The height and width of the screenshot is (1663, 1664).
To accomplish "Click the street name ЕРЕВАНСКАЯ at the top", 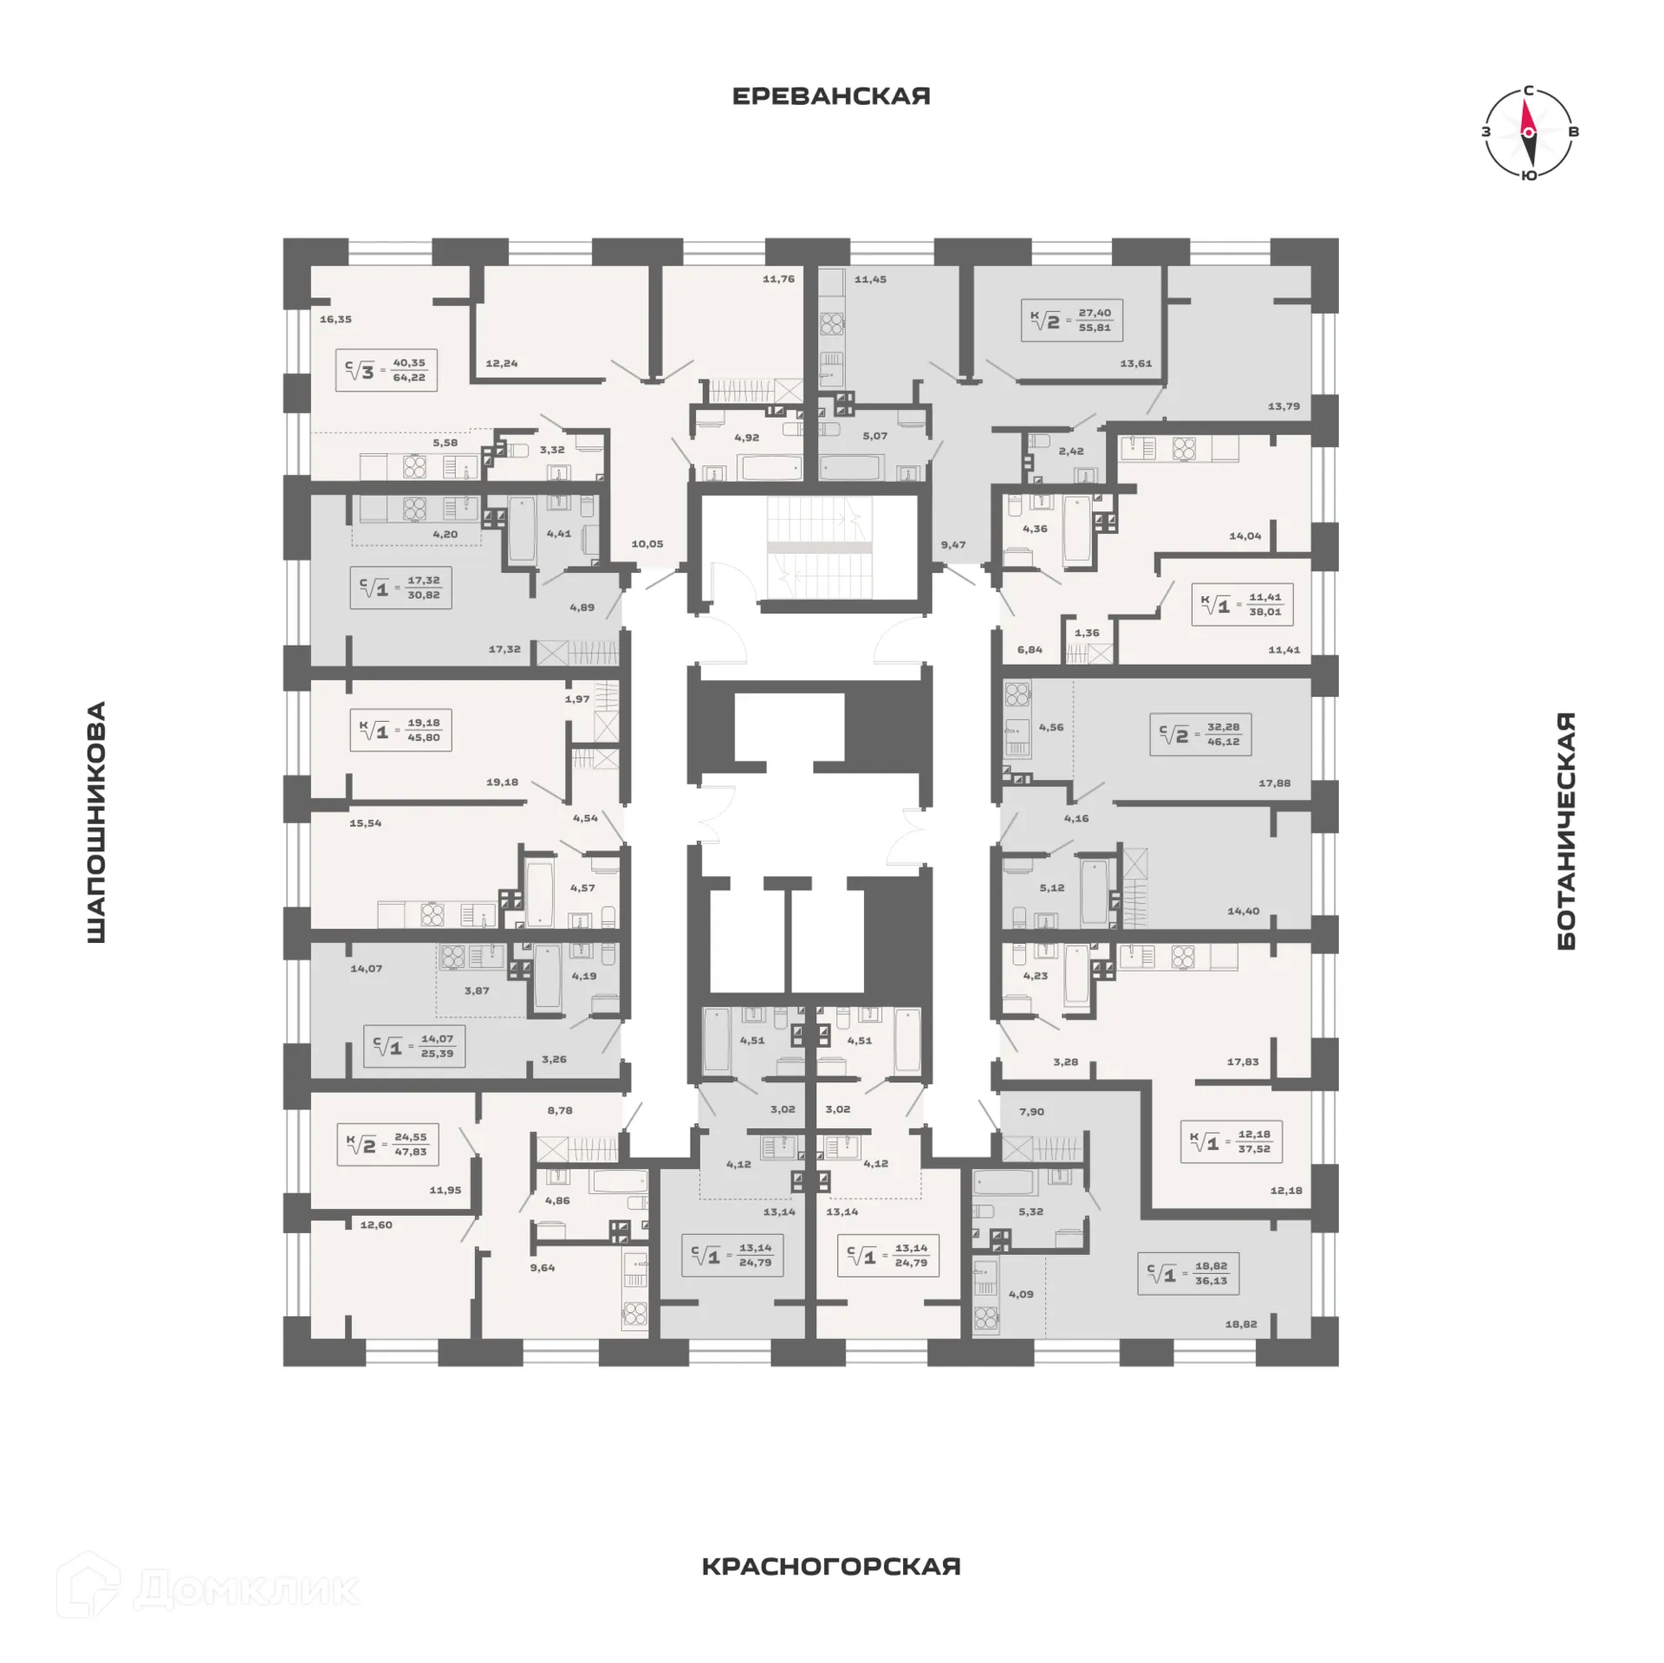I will point(830,96).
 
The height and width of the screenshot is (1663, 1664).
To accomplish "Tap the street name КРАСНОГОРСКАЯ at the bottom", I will point(830,1566).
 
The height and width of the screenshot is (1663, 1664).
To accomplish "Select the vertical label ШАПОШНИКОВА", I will point(96,822).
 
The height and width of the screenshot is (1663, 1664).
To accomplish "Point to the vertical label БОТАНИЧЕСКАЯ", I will point(1565,830).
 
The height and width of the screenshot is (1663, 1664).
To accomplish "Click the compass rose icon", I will point(1528,133).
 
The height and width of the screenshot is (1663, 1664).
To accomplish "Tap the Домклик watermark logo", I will point(208,1588).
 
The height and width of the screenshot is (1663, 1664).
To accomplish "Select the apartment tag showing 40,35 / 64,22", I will point(386,370).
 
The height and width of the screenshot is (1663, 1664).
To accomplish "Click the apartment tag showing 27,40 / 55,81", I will point(1071,320).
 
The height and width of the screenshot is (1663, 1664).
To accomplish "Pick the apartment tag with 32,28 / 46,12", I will point(1199,734).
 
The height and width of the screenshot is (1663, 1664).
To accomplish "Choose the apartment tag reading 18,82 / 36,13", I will point(1187,1273).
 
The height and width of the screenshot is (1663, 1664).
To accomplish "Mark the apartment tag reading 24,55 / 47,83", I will point(387,1144).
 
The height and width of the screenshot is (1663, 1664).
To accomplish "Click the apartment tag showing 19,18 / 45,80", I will point(400,730).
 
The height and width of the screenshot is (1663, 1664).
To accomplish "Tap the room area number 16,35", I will point(335,319).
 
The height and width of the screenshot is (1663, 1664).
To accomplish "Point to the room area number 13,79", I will point(1283,406).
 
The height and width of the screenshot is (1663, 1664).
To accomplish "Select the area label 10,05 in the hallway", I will point(647,544).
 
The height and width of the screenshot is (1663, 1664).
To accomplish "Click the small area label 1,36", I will point(1086,633).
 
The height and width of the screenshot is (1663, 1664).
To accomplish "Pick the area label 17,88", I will point(1274,783).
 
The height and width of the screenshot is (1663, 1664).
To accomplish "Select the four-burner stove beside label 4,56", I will point(1017,693).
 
